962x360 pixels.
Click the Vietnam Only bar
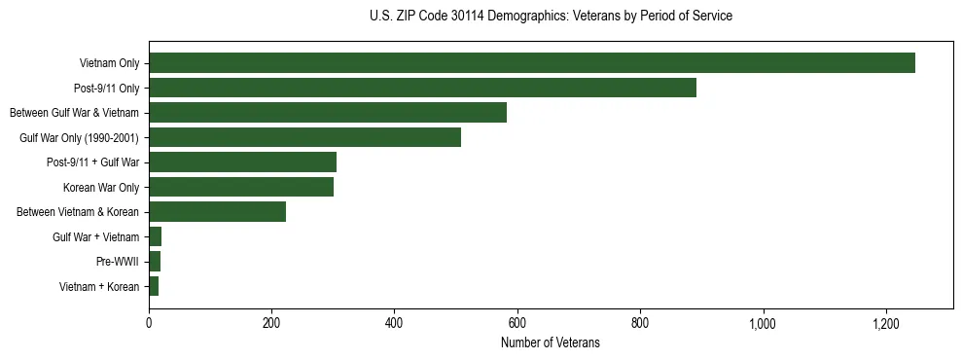click(532, 63)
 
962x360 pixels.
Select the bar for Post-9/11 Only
click(422, 88)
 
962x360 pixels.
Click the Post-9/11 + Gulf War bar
click(242, 162)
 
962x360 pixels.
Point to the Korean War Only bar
click(241, 187)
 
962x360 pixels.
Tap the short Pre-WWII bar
click(155, 262)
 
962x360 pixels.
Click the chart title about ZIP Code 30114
click(551, 17)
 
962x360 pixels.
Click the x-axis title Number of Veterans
click(551, 342)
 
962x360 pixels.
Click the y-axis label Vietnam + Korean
click(98, 287)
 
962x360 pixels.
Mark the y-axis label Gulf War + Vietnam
click(95, 237)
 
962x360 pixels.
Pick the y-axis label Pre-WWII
click(117, 262)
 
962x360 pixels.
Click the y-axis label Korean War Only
click(100, 188)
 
